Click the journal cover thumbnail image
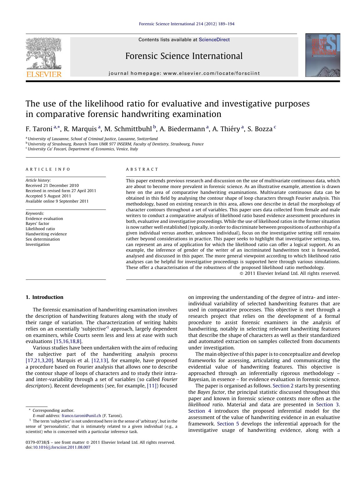323,55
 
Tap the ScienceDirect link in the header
214,40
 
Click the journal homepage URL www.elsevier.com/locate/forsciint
211,73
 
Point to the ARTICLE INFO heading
48,169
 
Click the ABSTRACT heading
142,169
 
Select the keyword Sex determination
43,239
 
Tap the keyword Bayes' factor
37,223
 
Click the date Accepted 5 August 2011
49,196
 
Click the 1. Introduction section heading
44,297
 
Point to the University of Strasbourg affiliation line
115,144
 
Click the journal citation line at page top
187,24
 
